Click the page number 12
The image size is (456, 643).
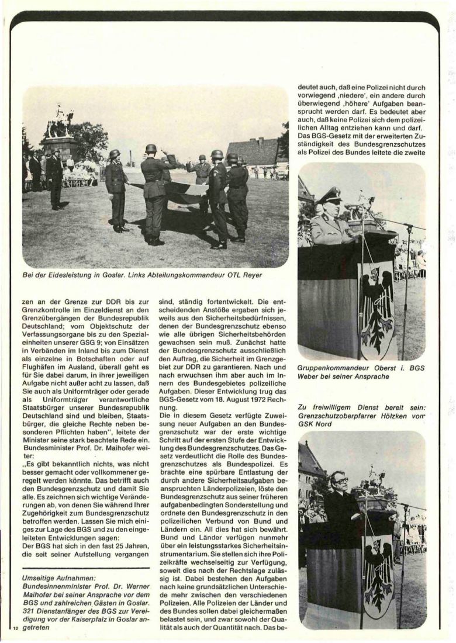[x=15, y=629]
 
